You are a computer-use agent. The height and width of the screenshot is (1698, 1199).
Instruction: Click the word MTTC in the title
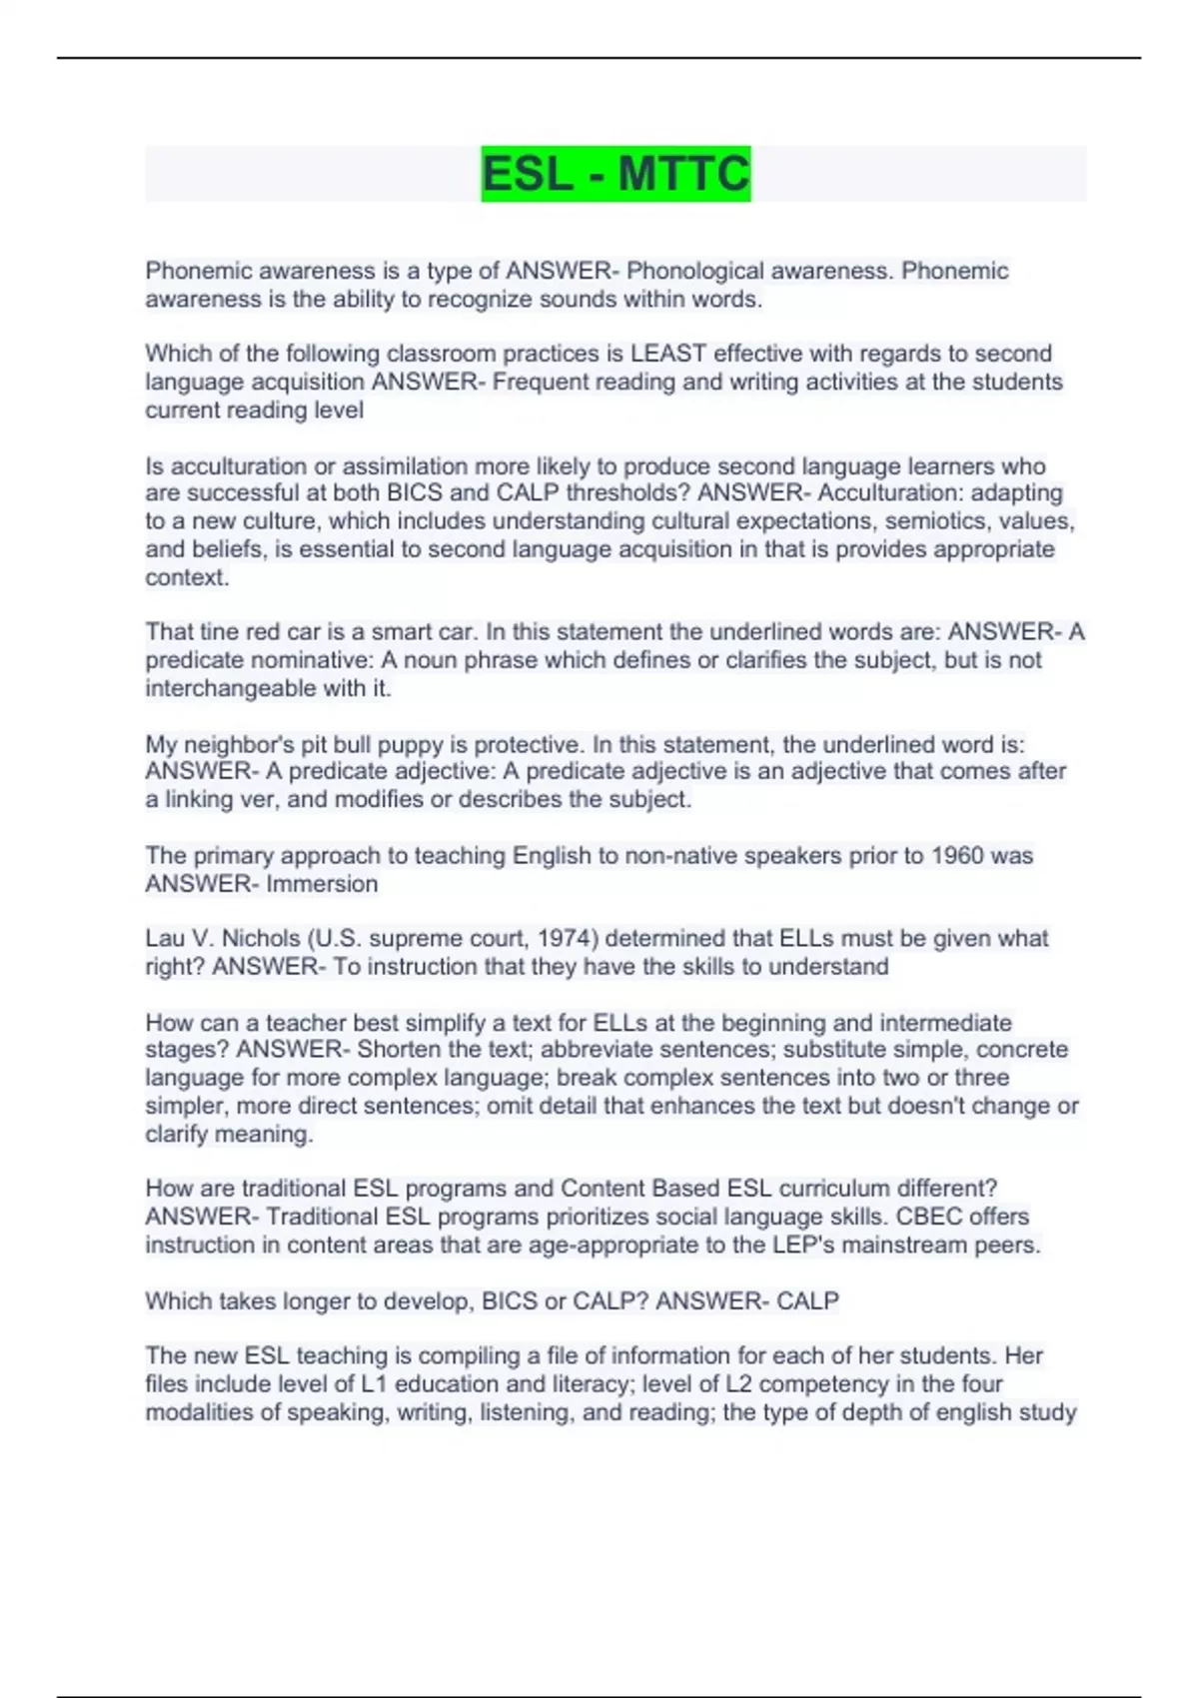point(683,174)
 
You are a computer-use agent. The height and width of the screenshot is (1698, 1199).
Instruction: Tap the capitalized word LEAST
point(668,354)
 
